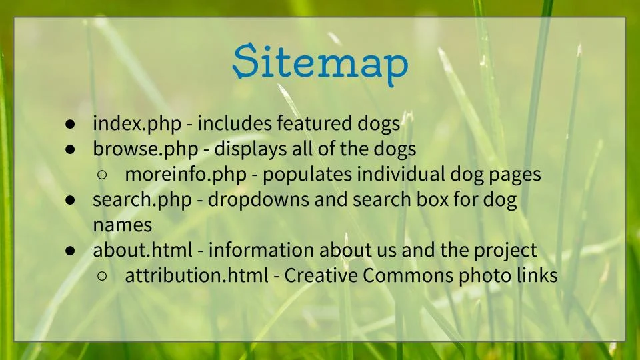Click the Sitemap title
(x=320, y=63)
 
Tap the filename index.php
(x=137, y=124)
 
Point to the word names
(x=122, y=225)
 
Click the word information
(x=261, y=251)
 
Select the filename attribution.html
(x=195, y=276)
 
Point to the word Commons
(x=410, y=276)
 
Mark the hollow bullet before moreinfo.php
(x=102, y=175)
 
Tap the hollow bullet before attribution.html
(x=102, y=277)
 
